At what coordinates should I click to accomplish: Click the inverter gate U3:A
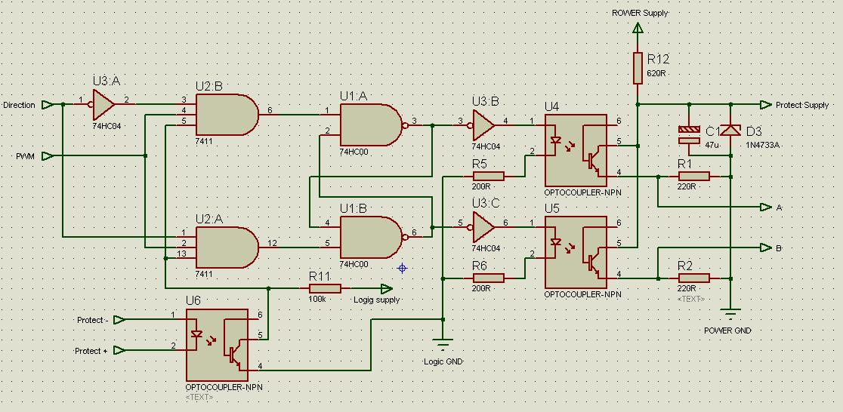pyautogui.click(x=103, y=100)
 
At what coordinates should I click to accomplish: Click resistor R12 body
pyautogui.click(x=638, y=67)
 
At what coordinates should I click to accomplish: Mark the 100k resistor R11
pyautogui.click(x=325, y=288)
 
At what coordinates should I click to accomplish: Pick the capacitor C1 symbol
pyautogui.click(x=689, y=134)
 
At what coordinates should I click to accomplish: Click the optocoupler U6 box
pyautogui.click(x=217, y=344)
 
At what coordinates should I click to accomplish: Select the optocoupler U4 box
pyautogui.click(x=576, y=151)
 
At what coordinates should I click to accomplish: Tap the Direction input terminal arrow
pyautogui.click(x=48, y=105)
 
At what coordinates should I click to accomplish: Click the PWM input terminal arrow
pyautogui.click(x=48, y=156)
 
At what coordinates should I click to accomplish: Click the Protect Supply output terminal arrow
pyautogui.click(x=766, y=105)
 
